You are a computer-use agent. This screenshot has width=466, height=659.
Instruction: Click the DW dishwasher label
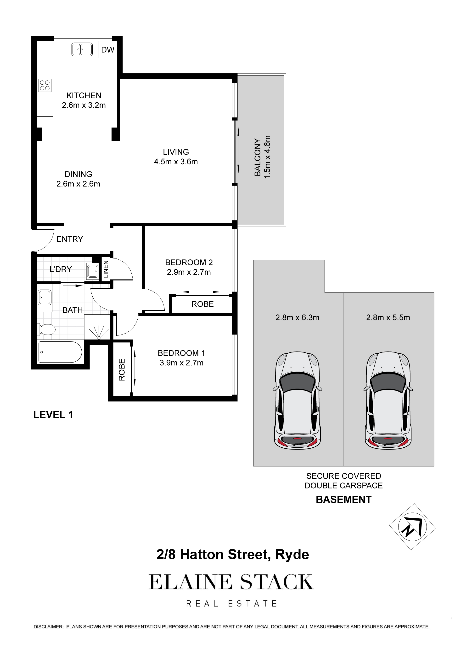click(x=108, y=50)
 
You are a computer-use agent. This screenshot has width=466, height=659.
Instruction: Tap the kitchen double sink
click(x=82, y=49)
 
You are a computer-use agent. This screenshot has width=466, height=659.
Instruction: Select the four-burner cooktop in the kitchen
click(x=45, y=85)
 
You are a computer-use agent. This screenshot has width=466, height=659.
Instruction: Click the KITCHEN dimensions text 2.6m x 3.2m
click(x=84, y=105)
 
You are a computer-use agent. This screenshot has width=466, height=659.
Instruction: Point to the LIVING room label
click(x=176, y=152)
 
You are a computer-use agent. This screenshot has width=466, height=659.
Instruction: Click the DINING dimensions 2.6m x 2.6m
click(x=78, y=184)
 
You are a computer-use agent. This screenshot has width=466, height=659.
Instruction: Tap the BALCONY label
click(x=258, y=157)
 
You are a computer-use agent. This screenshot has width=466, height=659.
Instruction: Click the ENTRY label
click(x=69, y=239)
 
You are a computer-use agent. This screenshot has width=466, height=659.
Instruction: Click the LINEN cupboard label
click(x=106, y=269)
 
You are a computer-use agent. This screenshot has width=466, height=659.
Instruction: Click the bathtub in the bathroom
click(x=60, y=352)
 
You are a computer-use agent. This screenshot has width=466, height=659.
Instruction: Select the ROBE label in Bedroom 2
click(x=202, y=304)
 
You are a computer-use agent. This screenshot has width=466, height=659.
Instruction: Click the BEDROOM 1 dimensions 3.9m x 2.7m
click(x=182, y=363)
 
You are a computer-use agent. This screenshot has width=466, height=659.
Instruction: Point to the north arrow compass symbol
click(x=413, y=527)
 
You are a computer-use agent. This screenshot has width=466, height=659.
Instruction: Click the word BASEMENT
click(x=344, y=500)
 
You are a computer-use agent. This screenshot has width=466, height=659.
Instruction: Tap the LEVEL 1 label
click(x=53, y=415)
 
